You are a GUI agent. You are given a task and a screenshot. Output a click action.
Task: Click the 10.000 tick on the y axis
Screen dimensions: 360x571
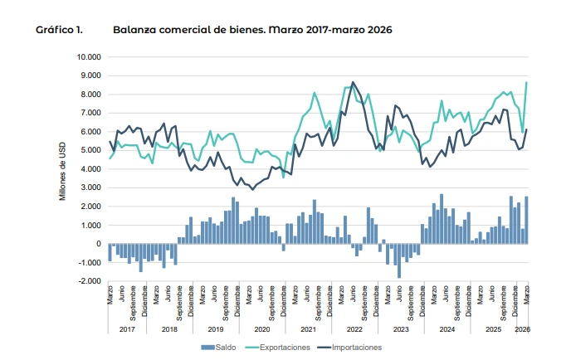click(88, 57)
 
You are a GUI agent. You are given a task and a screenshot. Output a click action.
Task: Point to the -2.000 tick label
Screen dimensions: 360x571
click(88, 281)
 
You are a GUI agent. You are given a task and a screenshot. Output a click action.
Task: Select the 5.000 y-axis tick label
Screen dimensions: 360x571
click(90, 150)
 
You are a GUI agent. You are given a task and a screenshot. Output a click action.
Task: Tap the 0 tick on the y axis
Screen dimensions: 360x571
click(97, 244)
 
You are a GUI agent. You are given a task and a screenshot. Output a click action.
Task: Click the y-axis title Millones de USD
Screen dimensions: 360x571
click(62, 169)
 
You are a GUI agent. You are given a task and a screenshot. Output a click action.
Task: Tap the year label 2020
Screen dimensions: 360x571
click(262, 329)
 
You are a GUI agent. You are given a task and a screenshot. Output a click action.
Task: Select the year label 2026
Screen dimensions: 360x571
click(523, 329)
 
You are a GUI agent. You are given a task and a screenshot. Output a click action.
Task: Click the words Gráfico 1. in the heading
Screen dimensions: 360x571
click(59, 29)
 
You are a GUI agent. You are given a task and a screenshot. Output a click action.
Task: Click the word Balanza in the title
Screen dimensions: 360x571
click(134, 29)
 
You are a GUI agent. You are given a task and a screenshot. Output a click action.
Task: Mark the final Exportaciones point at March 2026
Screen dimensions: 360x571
click(526, 82)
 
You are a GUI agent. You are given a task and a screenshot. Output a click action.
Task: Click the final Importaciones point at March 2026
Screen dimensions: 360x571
click(526, 129)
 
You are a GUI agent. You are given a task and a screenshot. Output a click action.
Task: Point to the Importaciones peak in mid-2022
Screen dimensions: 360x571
click(353, 82)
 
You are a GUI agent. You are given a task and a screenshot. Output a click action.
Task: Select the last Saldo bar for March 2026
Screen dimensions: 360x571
click(526, 220)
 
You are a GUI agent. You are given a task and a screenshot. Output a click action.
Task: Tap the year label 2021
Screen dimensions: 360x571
click(308, 329)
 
